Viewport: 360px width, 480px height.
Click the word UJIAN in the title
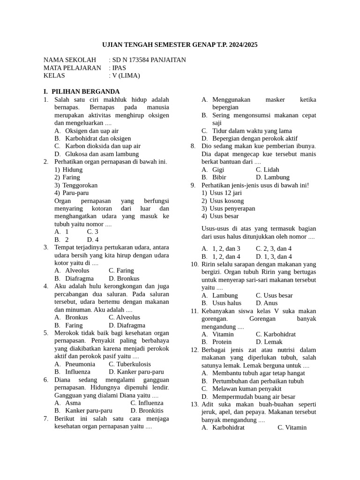point(112,45)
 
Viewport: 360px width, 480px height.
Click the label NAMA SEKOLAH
point(69,60)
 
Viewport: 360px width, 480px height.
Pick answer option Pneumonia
point(80,364)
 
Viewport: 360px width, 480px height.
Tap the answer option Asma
point(73,403)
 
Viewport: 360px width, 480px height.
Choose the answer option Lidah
point(271,170)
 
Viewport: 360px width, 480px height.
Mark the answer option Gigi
point(218,170)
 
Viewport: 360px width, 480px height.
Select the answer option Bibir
point(219,177)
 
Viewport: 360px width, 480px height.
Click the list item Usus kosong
point(227,201)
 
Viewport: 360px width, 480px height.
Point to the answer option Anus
point(271,303)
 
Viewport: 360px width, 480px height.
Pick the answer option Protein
point(222,342)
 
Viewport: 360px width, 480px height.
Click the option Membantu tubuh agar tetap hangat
point(258,373)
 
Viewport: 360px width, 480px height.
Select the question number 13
point(195,404)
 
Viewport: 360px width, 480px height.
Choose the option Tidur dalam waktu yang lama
point(252,131)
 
